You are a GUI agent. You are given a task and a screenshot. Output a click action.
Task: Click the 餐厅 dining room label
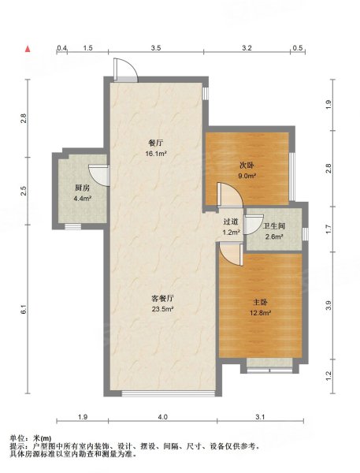tap(155, 143)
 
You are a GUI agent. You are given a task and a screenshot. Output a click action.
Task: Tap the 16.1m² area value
tap(155, 154)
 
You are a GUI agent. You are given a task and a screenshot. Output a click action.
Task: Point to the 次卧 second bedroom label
tap(247, 166)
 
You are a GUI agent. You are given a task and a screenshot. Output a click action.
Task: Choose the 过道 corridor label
tap(230, 222)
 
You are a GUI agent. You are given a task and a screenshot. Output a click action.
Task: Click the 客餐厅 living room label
tap(162, 298)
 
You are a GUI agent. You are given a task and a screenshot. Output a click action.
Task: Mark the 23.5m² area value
tap(162, 308)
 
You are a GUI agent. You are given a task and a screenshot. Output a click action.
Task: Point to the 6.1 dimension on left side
tap(24, 311)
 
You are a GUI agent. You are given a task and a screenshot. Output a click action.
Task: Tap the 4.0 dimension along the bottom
tap(162, 416)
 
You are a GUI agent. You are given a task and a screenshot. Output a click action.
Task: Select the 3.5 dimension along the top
tap(156, 49)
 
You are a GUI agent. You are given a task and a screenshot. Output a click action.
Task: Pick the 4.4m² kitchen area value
tap(81, 199)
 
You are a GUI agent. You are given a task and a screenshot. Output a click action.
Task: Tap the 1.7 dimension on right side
tap(328, 228)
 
